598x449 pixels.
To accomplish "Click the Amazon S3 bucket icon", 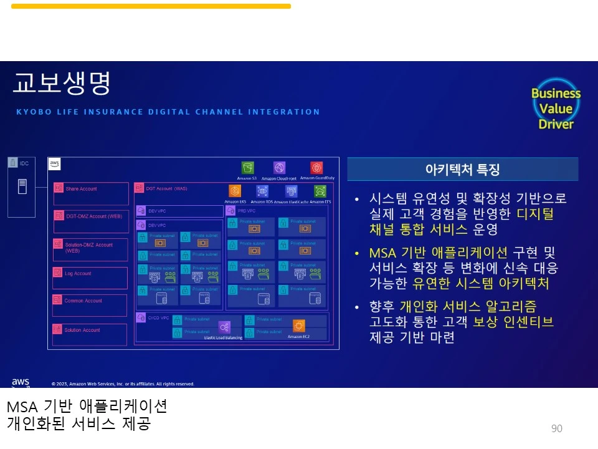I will (x=248, y=168).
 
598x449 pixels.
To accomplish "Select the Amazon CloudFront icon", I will (x=279, y=168).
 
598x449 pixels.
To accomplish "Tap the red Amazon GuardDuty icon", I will (x=316, y=168).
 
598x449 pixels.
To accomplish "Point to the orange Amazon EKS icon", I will (x=235, y=191).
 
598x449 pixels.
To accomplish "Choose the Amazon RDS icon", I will (x=262, y=191).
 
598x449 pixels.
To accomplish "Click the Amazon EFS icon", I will (x=320, y=191).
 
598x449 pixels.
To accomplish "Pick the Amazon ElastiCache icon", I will (x=291, y=191).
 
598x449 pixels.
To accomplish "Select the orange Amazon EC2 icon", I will (x=299, y=326).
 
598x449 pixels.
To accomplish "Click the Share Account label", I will (x=82, y=189).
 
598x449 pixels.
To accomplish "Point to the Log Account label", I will (x=78, y=274).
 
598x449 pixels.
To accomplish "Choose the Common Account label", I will (x=83, y=301).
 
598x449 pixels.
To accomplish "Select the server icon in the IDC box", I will (x=22, y=185).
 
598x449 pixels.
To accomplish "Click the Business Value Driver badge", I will (x=556, y=109).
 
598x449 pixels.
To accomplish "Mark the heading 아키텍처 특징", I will (x=462, y=170).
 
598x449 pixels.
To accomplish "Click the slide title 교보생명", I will (x=61, y=83).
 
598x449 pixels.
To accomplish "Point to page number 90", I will (x=557, y=428).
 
